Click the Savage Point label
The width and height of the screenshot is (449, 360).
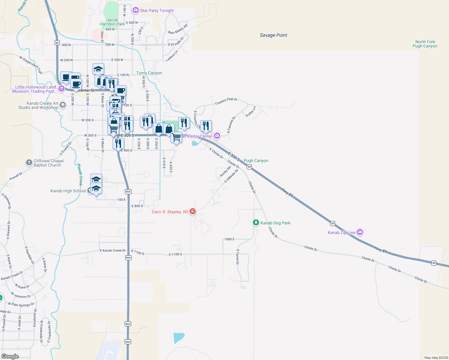click(x=273, y=35)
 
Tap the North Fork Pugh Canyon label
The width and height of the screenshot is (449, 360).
click(x=425, y=44)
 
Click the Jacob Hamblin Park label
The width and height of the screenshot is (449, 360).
click(x=112, y=22)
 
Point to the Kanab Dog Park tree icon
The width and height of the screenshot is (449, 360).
click(x=256, y=223)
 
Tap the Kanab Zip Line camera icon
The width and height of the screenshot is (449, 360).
click(x=360, y=232)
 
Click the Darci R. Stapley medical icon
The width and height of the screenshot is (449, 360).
click(x=193, y=211)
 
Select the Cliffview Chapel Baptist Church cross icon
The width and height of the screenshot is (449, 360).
click(x=29, y=163)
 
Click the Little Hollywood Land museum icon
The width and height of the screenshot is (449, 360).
click(x=61, y=88)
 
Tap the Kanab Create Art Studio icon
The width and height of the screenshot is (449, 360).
click(x=62, y=105)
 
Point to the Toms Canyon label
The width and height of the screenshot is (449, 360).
click(x=149, y=73)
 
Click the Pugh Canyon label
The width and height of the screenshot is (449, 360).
click(x=256, y=160)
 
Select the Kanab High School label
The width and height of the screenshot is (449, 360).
click(x=68, y=191)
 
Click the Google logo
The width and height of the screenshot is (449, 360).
click(x=10, y=356)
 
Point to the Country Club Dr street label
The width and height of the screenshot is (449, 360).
click(x=226, y=101)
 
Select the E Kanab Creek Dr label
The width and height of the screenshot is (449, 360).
click(x=113, y=250)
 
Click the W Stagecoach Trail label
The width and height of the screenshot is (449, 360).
click(x=31, y=64)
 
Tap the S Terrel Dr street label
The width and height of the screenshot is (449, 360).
click(x=237, y=256)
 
